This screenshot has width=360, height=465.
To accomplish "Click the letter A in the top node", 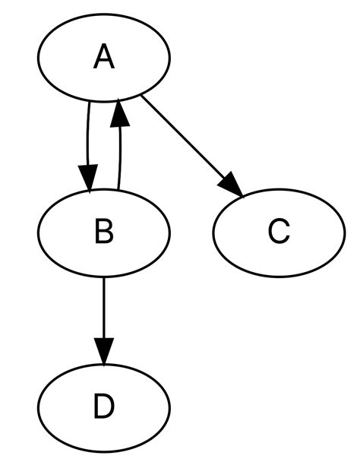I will click(104, 57).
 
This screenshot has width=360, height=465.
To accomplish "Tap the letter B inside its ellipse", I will click(104, 232).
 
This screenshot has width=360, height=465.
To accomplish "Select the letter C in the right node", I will click(279, 232).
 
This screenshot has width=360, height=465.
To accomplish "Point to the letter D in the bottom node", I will click(104, 407).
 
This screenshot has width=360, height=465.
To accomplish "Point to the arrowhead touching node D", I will click(104, 353).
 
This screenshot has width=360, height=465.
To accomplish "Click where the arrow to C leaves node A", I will click(142, 96).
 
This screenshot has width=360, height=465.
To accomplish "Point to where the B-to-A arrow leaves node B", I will click(118, 190).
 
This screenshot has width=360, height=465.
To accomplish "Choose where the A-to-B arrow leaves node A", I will click(90, 102).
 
